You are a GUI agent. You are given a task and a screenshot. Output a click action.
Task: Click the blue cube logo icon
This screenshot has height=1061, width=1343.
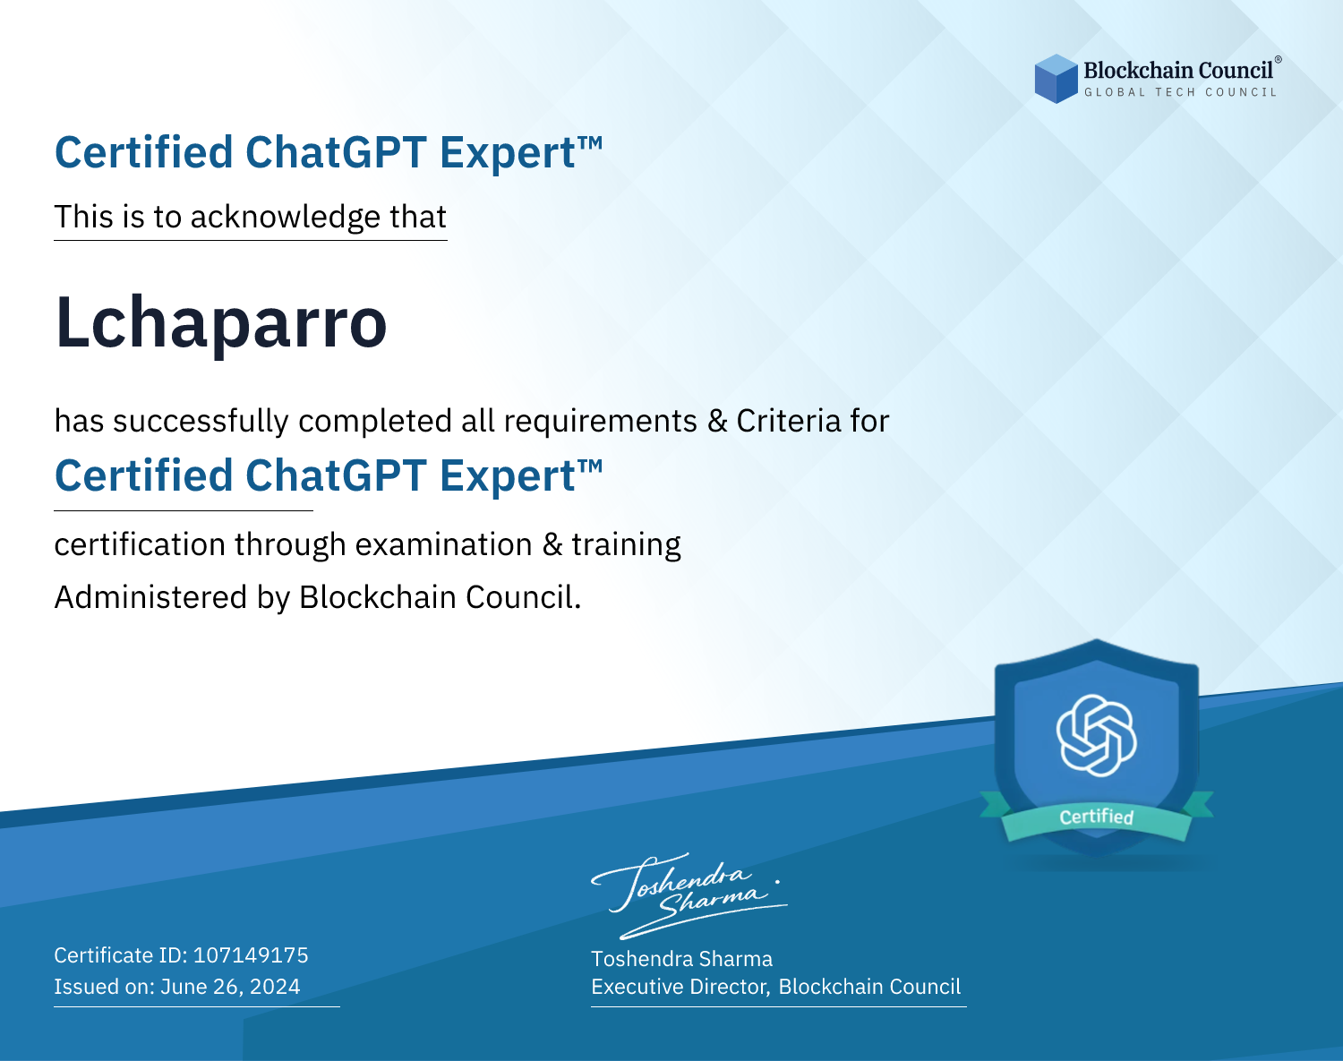click(x=1056, y=79)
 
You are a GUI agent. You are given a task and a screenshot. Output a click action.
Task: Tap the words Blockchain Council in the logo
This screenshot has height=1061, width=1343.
click(x=1178, y=71)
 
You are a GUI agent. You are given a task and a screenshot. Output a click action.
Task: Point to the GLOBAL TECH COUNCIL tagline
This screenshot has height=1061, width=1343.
click(x=1181, y=92)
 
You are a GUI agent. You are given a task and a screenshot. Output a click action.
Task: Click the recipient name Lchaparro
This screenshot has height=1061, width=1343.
click(x=221, y=323)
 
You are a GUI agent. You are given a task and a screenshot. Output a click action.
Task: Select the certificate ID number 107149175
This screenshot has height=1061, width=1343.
click(x=251, y=954)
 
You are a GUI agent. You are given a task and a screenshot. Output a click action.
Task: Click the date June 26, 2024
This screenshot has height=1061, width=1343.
click(x=230, y=987)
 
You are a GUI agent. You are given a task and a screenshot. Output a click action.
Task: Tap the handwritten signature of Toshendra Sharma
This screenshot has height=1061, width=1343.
click(x=689, y=895)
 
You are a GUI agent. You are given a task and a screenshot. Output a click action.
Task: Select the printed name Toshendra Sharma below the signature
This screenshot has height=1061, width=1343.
click(x=681, y=959)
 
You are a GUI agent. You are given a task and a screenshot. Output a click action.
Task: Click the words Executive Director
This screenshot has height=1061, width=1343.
click(x=680, y=987)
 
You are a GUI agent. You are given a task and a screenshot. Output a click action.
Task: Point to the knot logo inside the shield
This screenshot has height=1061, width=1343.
click(x=1097, y=735)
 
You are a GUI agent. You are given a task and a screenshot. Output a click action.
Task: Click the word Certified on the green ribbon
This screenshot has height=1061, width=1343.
click(x=1097, y=817)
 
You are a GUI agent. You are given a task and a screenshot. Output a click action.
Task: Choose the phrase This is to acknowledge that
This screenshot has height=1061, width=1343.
click(x=251, y=218)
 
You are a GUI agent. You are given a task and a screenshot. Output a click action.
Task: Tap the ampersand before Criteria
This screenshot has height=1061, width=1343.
click(x=718, y=421)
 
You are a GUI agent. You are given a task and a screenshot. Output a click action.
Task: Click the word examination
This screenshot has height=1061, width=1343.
click(x=444, y=544)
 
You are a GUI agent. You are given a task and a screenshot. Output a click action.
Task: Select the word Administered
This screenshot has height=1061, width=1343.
click(x=151, y=597)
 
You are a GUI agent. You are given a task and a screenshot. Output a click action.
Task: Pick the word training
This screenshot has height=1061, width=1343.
click(x=627, y=545)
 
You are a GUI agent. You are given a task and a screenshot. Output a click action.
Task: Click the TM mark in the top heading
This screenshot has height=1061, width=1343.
click(x=590, y=143)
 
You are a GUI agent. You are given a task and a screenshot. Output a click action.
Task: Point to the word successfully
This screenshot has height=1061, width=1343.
click(x=201, y=422)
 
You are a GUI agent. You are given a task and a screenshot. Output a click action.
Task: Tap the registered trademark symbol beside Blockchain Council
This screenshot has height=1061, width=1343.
click(x=1278, y=60)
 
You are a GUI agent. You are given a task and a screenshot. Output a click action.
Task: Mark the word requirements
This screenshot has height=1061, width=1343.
click(x=601, y=422)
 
